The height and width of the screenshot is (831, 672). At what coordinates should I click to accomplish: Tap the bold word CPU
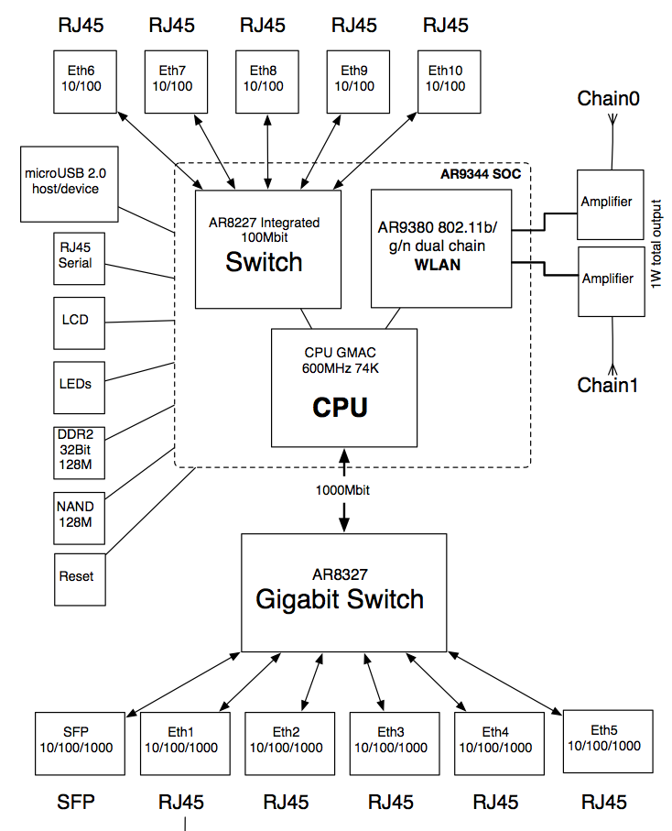pyautogui.click(x=340, y=407)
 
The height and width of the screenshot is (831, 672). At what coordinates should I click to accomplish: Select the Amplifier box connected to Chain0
pyautogui.click(x=607, y=202)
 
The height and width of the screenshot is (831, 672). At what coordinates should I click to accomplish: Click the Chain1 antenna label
pyautogui.click(x=607, y=385)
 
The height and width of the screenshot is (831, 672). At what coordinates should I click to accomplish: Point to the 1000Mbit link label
pyautogui.click(x=344, y=490)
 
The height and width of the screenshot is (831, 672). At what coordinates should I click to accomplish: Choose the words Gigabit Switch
pyautogui.click(x=340, y=599)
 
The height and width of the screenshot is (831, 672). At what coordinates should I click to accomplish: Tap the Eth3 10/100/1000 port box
pyautogui.click(x=390, y=740)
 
